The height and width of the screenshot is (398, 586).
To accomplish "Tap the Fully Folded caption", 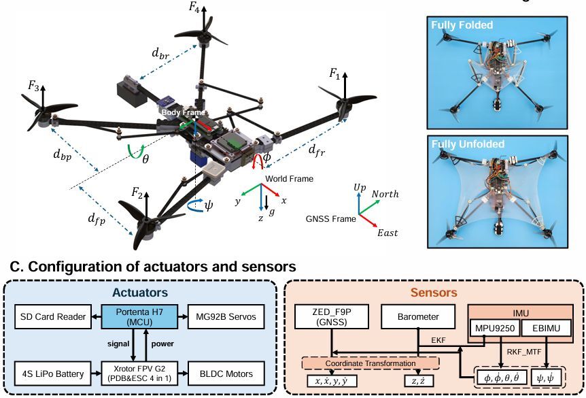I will coord(461,25).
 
